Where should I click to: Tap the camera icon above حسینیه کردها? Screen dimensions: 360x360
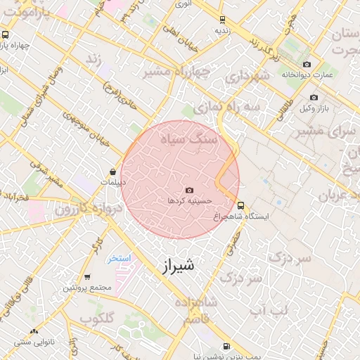click(x=189, y=191)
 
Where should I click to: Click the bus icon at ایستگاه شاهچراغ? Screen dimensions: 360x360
click(x=241, y=206)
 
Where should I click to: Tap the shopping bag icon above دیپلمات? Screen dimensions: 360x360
click(x=112, y=172)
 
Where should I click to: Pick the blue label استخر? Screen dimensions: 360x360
click(x=119, y=259)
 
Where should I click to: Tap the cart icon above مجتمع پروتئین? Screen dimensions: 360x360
click(x=87, y=277)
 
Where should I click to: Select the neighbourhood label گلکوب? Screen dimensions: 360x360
click(x=97, y=319)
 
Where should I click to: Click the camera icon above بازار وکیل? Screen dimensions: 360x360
click(x=314, y=97)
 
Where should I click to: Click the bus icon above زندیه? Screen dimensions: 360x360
click(x=222, y=20)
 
